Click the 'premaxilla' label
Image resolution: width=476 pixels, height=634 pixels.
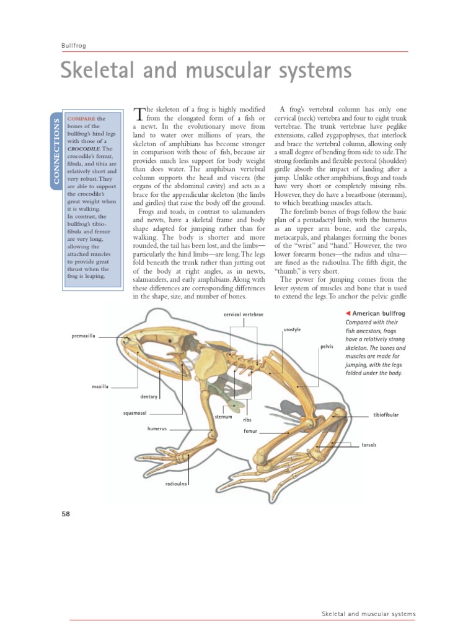point(84,336)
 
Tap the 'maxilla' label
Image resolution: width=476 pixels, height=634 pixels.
point(100,386)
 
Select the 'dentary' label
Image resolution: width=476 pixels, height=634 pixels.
point(149,396)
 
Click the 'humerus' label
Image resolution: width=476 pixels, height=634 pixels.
point(157,428)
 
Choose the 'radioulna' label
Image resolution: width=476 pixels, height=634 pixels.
point(176,484)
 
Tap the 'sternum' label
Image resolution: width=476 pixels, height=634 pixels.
point(223,417)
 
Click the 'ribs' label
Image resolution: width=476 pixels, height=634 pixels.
point(247,420)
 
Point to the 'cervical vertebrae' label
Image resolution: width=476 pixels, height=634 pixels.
point(244,315)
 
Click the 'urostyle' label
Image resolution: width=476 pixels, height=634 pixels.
point(292,330)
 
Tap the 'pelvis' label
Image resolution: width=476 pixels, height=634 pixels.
point(327,347)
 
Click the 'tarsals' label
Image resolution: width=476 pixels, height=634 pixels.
point(369,445)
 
